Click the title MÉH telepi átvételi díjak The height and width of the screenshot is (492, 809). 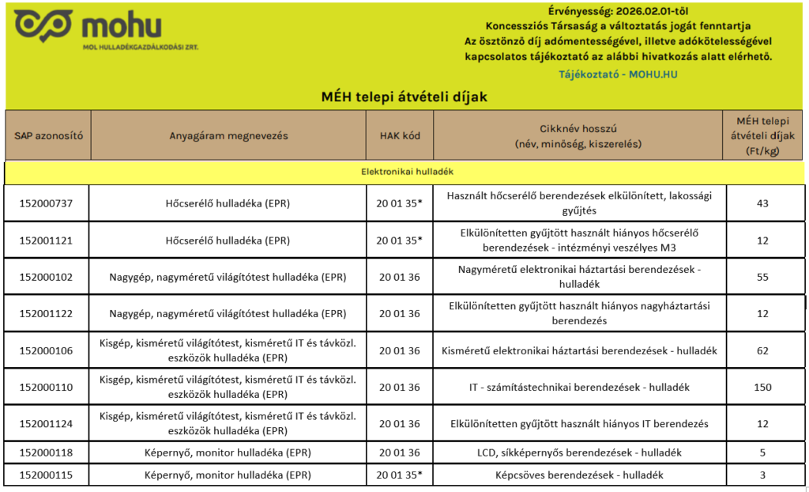[404, 97]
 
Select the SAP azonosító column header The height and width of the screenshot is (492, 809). [48, 135]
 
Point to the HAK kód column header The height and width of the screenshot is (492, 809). [400, 135]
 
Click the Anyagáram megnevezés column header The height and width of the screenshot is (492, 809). [228, 135]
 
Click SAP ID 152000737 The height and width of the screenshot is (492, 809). [46, 203]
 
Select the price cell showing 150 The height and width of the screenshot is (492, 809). [762, 387]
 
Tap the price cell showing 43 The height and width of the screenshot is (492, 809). [762, 203]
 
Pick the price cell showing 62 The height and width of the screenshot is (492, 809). [762, 350]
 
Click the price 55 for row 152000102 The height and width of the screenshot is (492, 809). [762, 277]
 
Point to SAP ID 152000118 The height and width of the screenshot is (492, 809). [46, 452]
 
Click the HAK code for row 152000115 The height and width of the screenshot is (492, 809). [400, 475]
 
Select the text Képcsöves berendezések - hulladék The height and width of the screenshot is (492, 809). [580, 475]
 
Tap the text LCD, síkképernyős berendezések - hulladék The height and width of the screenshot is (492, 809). [580, 452]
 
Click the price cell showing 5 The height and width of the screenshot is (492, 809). [762, 452]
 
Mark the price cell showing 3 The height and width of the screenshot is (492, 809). [762, 475]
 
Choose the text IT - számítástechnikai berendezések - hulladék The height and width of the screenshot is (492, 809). [580, 387]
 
